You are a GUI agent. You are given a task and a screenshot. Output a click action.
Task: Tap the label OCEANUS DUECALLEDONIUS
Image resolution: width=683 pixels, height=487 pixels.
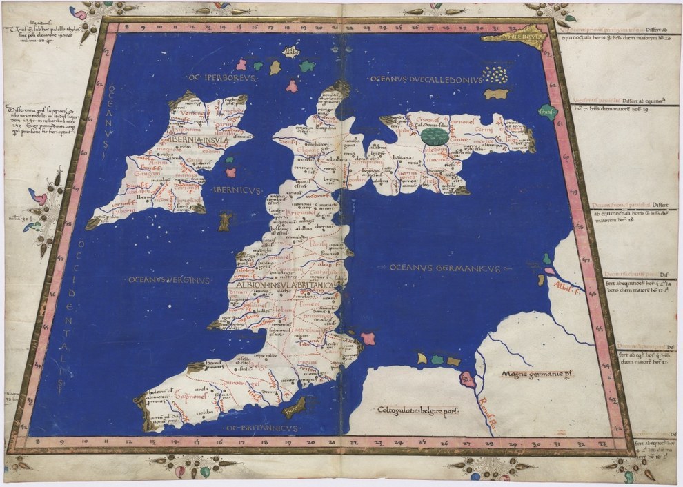[424, 80]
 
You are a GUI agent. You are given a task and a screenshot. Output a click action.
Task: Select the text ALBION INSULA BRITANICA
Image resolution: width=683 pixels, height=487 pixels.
[285, 284]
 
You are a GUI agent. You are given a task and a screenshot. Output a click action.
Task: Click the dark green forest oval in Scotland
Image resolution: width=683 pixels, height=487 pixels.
[435, 135]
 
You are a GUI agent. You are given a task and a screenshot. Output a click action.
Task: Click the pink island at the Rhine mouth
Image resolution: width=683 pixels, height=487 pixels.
[468, 378]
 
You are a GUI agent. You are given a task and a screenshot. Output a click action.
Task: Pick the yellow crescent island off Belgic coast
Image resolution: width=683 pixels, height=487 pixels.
[422, 357]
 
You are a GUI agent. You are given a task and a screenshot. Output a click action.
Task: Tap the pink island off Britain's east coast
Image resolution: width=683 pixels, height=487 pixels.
[368, 338]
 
